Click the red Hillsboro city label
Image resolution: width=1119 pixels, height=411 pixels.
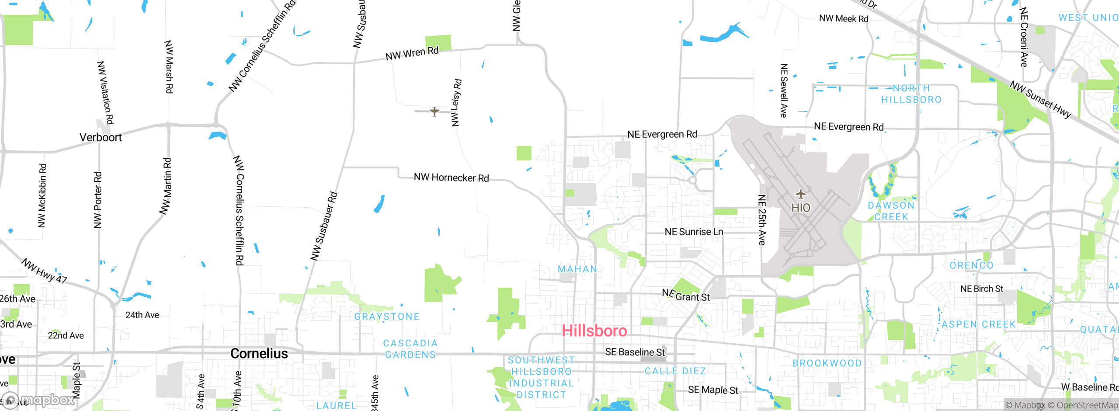(594, 331)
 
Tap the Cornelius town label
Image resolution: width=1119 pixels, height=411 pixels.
(259, 353)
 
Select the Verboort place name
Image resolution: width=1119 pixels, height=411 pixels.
(101, 137)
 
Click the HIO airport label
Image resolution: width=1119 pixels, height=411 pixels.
(801, 208)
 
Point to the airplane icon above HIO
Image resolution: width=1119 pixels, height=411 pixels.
(800, 194)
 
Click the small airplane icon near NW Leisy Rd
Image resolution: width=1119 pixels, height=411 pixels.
(434, 111)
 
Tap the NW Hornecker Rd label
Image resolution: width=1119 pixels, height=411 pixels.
(451, 178)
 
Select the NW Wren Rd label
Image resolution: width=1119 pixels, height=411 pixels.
(412, 53)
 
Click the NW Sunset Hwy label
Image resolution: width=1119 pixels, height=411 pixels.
(1040, 100)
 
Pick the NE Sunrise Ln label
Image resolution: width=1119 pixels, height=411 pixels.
(694, 232)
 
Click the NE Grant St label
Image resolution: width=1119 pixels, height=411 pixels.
(686, 296)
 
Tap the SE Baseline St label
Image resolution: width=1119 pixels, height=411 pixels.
(635, 352)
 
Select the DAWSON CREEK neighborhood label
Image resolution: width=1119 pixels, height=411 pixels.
(891, 211)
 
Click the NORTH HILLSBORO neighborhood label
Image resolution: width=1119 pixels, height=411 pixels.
(911, 94)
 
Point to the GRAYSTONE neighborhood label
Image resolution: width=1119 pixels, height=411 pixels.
(387, 317)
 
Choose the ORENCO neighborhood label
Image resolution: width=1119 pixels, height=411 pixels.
(972, 265)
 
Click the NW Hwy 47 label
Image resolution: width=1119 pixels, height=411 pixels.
(44, 271)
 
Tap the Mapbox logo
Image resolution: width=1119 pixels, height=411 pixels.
(38, 400)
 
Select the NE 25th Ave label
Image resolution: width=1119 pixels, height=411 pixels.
(762, 219)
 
